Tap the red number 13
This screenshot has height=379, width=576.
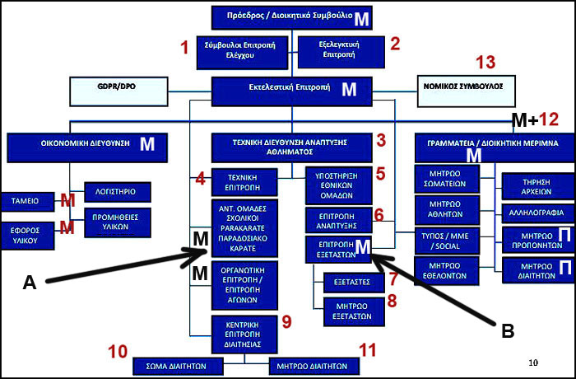tap(486, 63)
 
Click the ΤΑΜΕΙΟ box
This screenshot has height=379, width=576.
tap(27, 200)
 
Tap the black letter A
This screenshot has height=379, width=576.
tap(30, 283)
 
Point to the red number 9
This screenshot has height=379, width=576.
tap(286, 319)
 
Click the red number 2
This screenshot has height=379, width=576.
tap(394, 43)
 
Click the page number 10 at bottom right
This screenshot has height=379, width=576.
tap(533, 363)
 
